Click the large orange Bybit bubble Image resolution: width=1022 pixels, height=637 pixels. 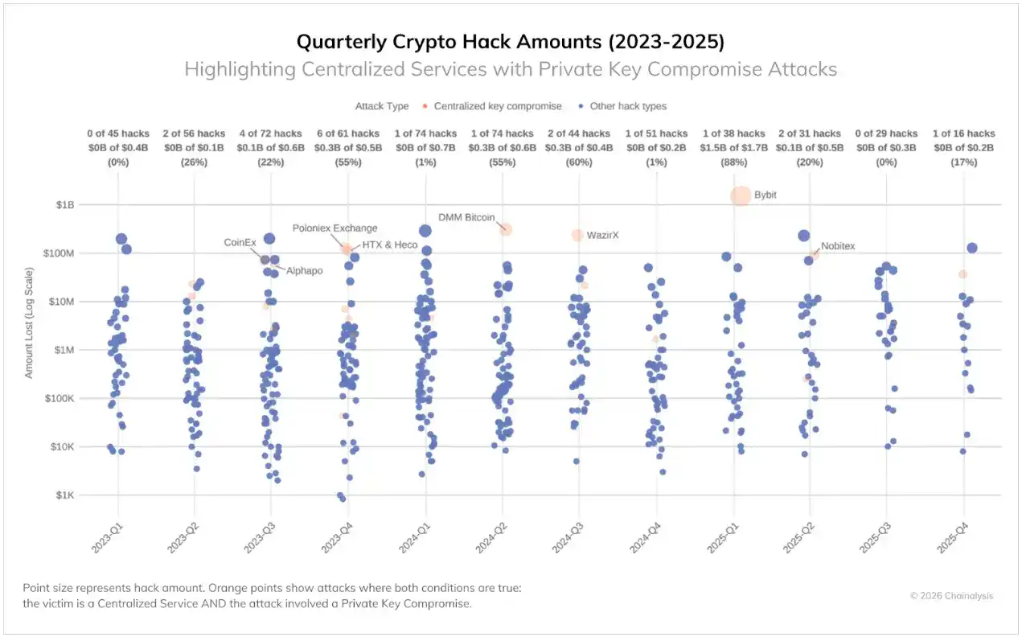(741, 195)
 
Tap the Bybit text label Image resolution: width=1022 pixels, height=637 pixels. (765, 195)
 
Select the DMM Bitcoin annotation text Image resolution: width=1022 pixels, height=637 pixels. (466, 217)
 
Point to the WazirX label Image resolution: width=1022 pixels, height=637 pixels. (602, 235)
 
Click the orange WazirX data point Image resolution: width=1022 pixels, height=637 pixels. (577, 235)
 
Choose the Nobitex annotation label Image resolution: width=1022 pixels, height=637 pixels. (838, 246)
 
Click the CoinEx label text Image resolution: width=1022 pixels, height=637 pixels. (240, 241)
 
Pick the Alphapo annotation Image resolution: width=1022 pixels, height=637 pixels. (305, 271)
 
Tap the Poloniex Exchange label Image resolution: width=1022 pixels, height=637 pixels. (335, 228)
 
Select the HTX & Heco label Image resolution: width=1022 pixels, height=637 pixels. (390, 245)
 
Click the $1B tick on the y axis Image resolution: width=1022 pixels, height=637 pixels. (64, 205)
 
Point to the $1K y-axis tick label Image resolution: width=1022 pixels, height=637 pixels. (64, 495)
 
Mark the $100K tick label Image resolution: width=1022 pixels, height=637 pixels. (60, 399)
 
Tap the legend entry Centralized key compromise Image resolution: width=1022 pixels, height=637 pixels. (492, 106)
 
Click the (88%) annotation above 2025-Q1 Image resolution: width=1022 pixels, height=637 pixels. (733, 162)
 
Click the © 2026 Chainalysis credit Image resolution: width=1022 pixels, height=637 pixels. (951, 596)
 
